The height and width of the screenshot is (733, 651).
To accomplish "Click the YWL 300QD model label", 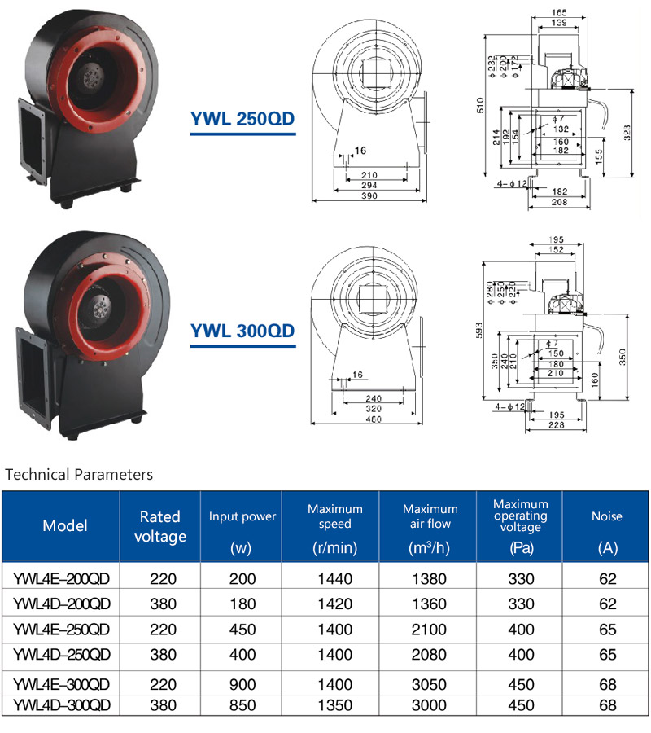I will [x=242, y=331].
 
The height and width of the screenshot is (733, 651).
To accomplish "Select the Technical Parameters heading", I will [x=79, y=474].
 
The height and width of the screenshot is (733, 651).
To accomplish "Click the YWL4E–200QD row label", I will [x=62, y=579].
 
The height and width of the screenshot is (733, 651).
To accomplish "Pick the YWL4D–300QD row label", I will [x=62, y=705].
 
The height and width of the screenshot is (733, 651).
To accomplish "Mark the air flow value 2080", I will [x=430, y=655].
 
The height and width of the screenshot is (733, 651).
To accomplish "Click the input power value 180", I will [x=241, y=604].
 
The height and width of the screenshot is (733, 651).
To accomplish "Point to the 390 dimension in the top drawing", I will [x=370, y=197].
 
